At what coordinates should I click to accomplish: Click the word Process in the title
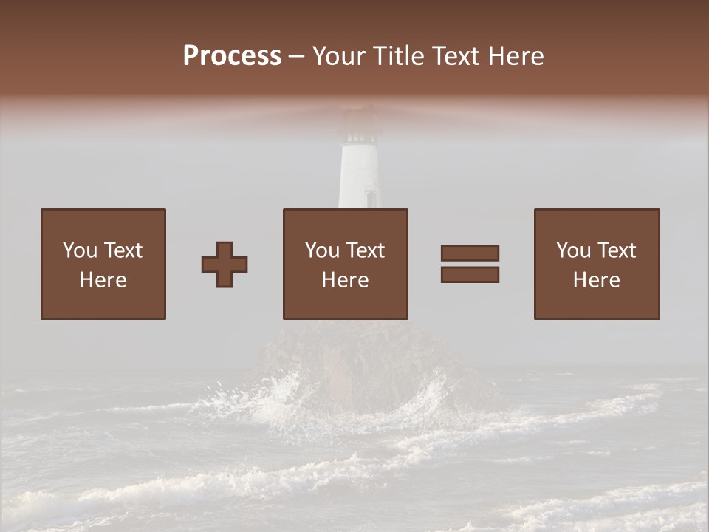click(x=232, y=56)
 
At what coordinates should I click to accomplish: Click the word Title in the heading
click(x=399, y=56)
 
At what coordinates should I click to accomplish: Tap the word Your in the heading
click(x=340, y=56)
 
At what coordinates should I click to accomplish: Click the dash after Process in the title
click(x=297, y=57)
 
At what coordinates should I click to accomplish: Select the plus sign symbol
click(x=225, y=265)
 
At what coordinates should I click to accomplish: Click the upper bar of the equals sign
click(x=470, y=253)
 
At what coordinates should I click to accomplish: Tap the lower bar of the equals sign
click(x=470, y=275)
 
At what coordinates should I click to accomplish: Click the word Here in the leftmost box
click(x=103, y=280)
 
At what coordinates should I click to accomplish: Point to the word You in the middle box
click(x=323, y=250)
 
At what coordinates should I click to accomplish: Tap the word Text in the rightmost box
click(x=617, y=250)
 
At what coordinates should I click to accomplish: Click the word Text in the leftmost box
click(x=123, y=250)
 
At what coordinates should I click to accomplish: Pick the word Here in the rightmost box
click(x=596, y=280)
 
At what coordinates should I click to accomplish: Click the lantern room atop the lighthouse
click(x=361, y=131)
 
